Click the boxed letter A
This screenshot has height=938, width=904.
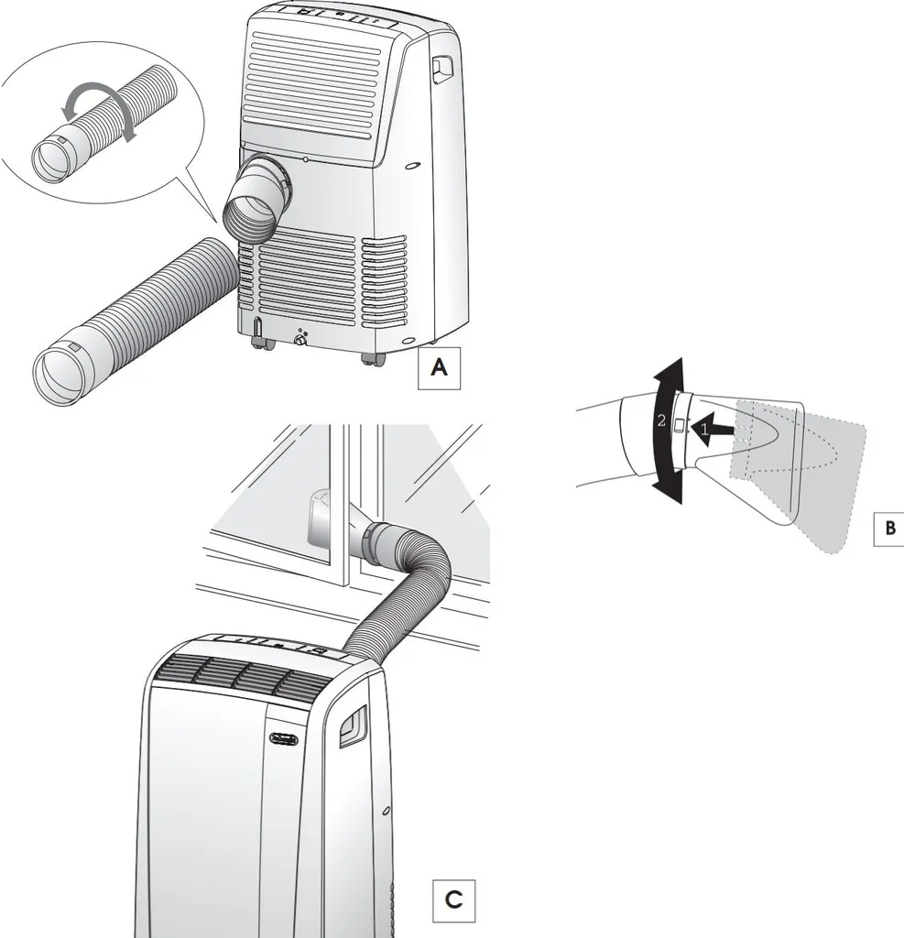(439, 368)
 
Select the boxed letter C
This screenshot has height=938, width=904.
(453, 900)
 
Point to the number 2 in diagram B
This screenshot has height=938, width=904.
(660, 420)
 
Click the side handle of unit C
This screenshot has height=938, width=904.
(352, 725)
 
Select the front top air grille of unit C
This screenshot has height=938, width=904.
(242, 677)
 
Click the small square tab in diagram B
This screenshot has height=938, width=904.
(679, 426)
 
